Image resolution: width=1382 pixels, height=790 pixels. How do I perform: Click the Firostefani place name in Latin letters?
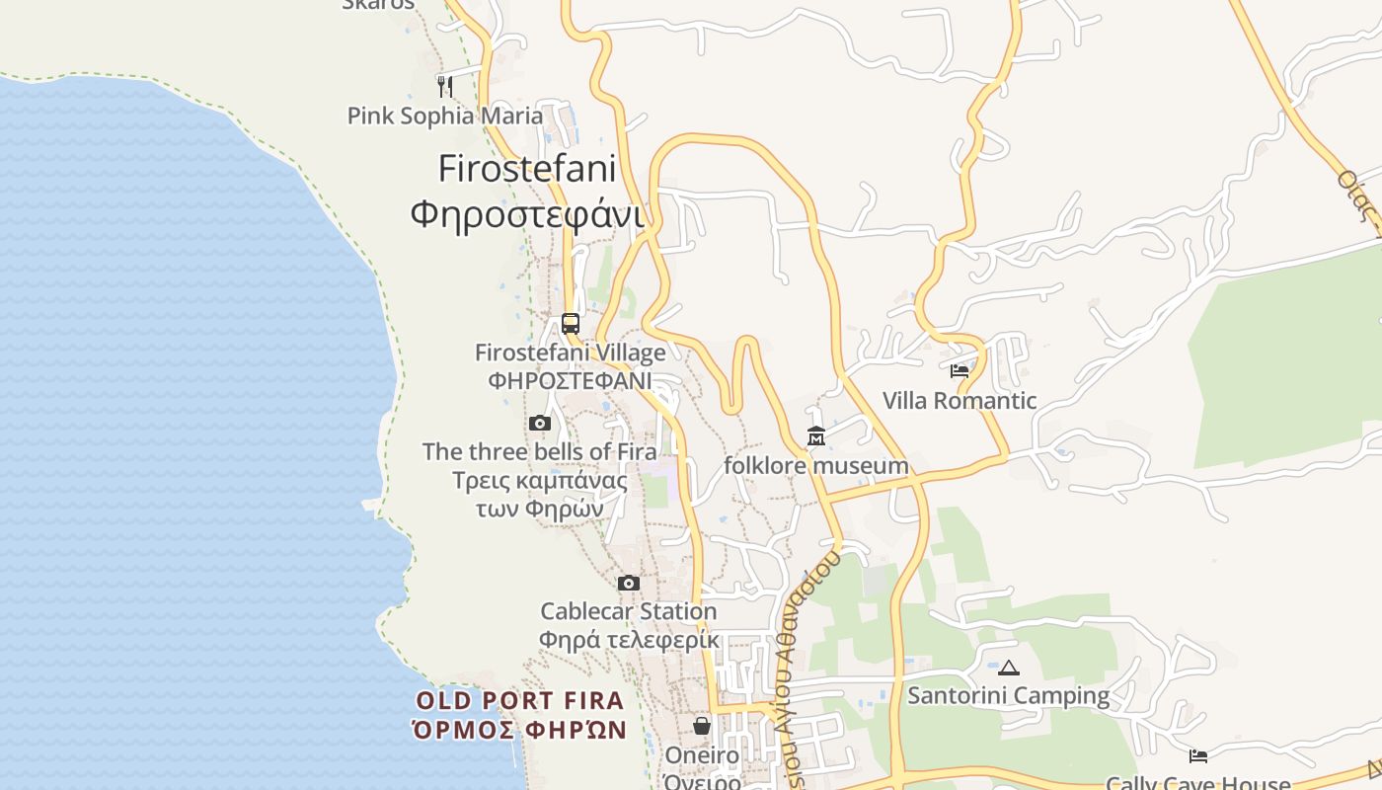pos(527,168)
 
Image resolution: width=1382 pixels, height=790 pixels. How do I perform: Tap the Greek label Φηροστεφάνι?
pos(527,213)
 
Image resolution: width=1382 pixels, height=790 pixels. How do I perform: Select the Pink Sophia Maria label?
pos(445,116)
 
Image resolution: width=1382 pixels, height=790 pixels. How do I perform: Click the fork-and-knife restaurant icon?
pos(445,86)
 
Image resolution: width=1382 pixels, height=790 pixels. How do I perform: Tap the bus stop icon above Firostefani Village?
pos(571,323)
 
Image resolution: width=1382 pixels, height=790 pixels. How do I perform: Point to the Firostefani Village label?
pos(571,353)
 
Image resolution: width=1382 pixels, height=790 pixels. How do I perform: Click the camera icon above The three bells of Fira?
pos(539,424)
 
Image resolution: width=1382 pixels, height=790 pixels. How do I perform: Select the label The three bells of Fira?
pos(540,452)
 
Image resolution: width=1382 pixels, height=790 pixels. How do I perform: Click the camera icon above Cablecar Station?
pos(629,584)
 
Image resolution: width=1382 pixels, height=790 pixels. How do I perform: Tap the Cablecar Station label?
pos(629,611)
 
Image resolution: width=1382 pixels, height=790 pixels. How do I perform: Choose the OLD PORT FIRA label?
pos(520,701)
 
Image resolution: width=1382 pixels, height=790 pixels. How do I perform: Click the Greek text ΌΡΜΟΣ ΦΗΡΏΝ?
pos(520,731)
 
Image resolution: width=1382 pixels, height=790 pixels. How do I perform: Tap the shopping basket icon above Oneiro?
pos(702,727)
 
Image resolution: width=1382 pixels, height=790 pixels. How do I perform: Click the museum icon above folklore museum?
pos(816,436)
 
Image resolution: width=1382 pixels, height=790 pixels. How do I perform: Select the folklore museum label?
pos(816,465)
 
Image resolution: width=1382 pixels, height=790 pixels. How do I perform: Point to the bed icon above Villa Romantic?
pos(960,371)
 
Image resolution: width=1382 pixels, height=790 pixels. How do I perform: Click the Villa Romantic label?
pos(960,401)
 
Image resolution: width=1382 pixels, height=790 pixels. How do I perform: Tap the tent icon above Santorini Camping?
pos(1008,668)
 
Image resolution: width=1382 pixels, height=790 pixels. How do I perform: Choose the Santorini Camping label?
pos(1008,696)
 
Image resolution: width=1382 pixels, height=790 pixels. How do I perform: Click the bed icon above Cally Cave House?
pos(1198,756)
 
